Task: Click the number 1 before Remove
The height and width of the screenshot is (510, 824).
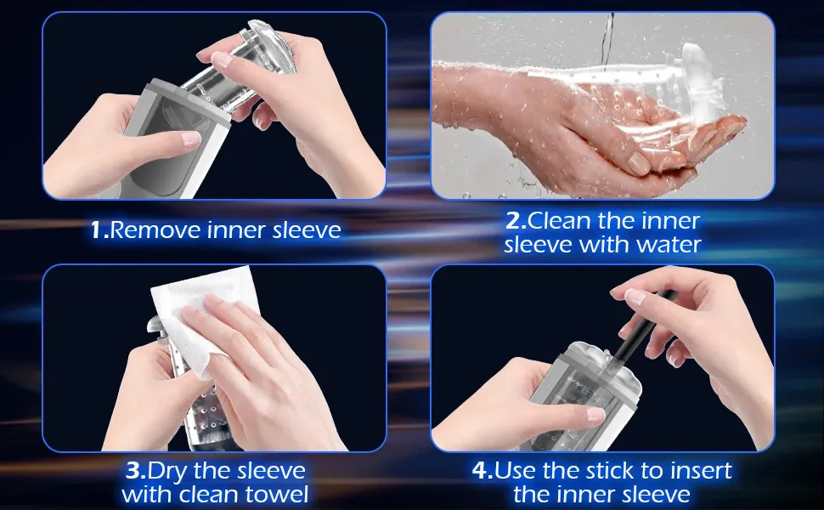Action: tap(97, 229)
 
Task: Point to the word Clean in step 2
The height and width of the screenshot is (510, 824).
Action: tap(560, 220)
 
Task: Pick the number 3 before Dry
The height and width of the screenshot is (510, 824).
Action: tap(133, 470)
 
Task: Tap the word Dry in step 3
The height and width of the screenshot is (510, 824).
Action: tap(167, 471)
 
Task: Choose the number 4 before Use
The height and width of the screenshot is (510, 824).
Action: tap(480, 470)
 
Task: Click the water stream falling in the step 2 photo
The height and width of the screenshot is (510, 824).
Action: tap(608, 42)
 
